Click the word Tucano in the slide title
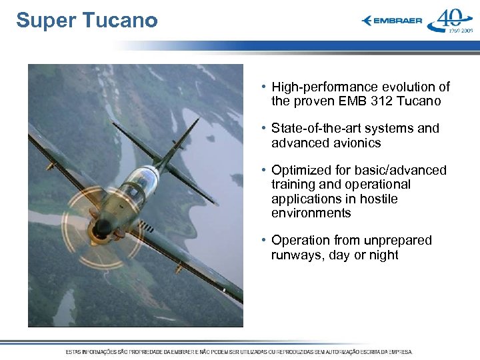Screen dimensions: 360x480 coord(121,21)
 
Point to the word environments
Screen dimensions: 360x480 coord(311,213)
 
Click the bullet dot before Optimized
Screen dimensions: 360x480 coord(265,171)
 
